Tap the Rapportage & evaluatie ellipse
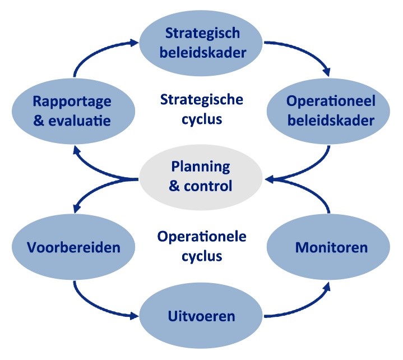(x=72, y=111)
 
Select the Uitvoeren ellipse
(x=201, y=316)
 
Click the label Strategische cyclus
(x=202, y=109)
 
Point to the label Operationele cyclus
(x=202, y=247)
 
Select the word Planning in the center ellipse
(x=201, y=167)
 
